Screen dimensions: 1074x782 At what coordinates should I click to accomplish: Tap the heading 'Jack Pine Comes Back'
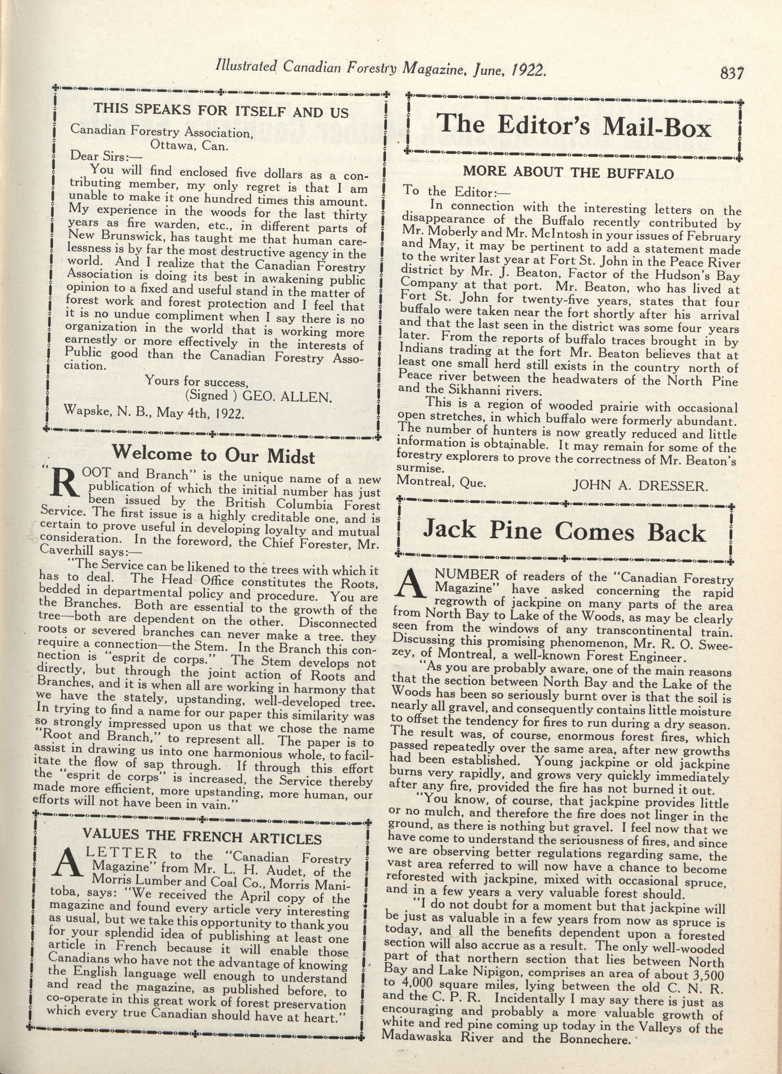[x=564, y=531]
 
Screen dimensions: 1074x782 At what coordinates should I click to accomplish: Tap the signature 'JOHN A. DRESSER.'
[x=640, y=485]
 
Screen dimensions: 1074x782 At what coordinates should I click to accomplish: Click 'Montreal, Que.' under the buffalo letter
[x=441, y=481]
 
